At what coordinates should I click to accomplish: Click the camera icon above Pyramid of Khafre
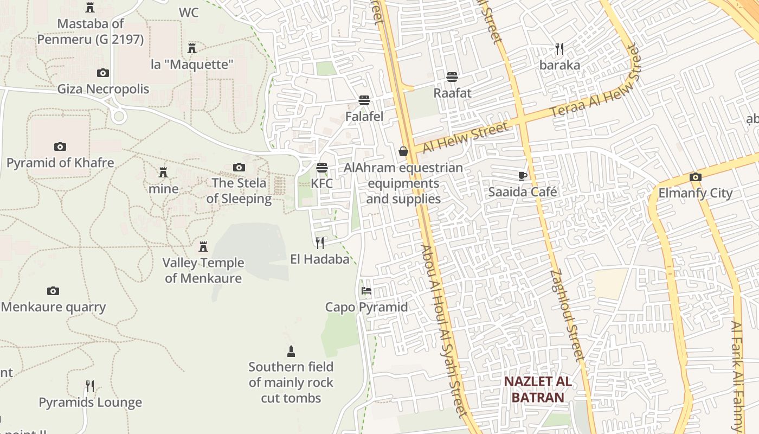click(x=60, y=146)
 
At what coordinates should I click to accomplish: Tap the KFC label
click(x=321, y=183)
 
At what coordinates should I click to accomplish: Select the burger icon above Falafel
click(x=364, y=100)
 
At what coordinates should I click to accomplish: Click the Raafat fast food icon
click(x=452, y=77)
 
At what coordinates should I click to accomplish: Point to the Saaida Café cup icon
click(x=522, y=176)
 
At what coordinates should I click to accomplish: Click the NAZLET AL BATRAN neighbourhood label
click(x=537, y=389)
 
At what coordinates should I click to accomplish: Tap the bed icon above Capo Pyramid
click(x=366, y=291)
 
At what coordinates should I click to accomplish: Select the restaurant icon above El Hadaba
click(x=320, y=242)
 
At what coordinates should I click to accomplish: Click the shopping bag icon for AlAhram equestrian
click(x=403, y=151)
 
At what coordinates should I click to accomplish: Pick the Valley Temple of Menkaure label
click(x=203, y=270)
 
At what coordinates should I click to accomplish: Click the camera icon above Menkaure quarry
click(x=53, y=291)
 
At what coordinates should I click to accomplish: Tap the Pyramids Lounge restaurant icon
click(x=90, y=386)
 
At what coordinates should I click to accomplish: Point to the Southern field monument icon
click(x=291, y=351)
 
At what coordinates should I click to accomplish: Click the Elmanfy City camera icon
click(x=695, y=177)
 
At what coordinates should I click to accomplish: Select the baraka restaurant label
click(x=559, y=65)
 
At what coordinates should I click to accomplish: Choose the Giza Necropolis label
click(x=103, y=89)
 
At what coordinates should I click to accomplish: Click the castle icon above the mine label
click(x=163, y=173)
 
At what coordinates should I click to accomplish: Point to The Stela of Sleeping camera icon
click(x=239, y=167)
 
